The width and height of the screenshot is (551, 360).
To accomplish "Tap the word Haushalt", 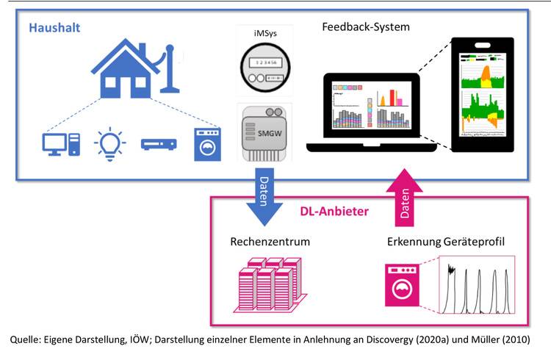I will tap(54, 29).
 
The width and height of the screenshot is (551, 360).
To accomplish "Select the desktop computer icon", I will tap(57, 145).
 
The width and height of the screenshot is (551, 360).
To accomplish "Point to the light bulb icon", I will tap(110, 145).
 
